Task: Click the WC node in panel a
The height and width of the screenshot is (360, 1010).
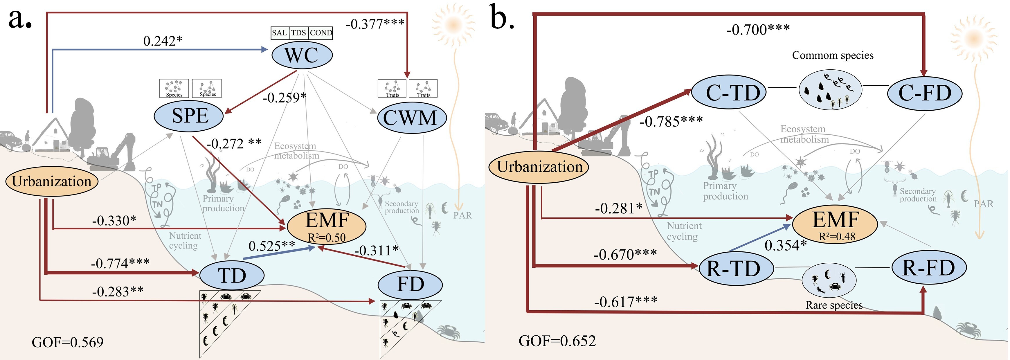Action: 302,55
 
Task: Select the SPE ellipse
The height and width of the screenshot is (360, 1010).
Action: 189,115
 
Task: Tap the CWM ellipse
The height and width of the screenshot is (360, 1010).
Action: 412,117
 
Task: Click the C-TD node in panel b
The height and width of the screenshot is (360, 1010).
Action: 728,93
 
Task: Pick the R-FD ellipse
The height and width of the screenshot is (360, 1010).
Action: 928,268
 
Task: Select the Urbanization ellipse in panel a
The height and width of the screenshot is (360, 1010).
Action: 52,181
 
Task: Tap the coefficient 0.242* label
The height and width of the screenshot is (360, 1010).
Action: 163,41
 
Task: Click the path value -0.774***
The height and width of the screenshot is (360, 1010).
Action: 120,263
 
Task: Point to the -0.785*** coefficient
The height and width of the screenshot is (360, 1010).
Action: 671,122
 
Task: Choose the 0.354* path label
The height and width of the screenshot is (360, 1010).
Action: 785,246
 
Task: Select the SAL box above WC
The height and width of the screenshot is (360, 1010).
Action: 280,33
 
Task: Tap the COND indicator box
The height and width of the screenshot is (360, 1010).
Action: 321,33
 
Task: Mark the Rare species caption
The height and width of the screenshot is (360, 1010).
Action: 834,305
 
